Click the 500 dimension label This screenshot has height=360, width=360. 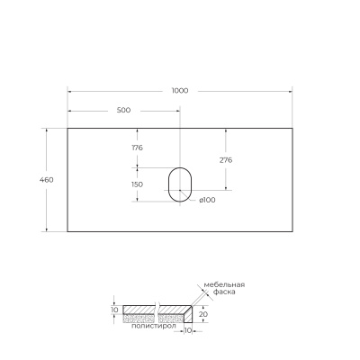coord(123,110)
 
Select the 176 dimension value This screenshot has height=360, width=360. coord(138,148)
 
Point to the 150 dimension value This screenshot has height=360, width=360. coord(138,184)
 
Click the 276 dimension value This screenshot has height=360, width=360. coord(227,159)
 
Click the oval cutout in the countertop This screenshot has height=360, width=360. coord(180,184)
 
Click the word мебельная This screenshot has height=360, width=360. coord(224,285)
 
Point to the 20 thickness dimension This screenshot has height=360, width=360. coord(203,314)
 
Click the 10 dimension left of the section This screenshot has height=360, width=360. coord(114,310)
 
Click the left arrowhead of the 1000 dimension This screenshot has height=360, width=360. coord(70,91)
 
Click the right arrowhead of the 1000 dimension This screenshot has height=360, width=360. coord(290,91)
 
